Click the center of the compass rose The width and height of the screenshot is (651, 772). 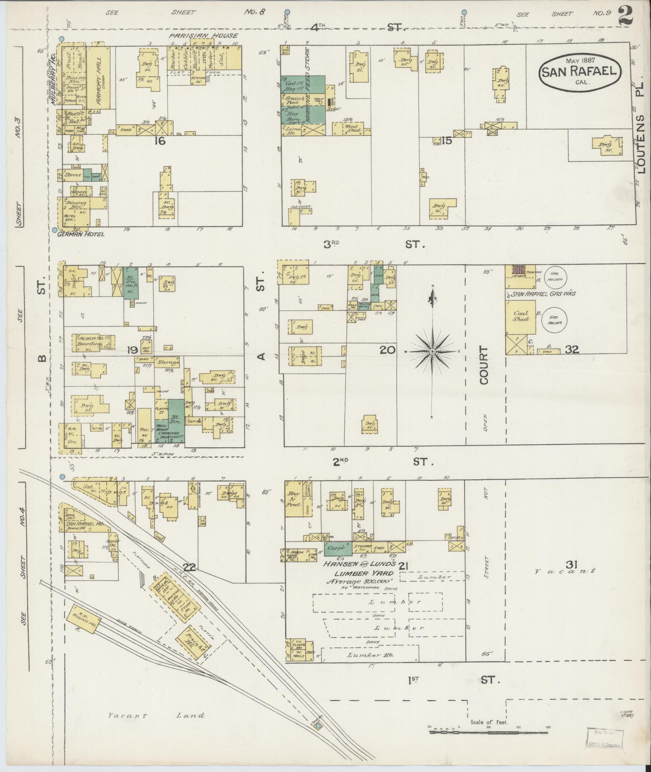(x=432, y=351)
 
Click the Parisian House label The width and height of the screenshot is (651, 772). (x=203, y=36)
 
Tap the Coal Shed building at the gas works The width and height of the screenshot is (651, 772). (x=520, y=316)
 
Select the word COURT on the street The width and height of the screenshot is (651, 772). (x=484, y=365)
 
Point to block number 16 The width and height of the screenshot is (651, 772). (x=160, y=141)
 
